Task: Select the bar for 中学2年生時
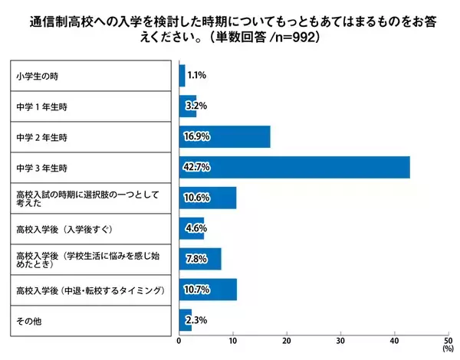click(225, 136)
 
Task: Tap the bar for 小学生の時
click(182, 76)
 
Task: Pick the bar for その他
click(185, 319)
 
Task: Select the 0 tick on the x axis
click(179, 340)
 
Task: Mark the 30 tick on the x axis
click(340, 340)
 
